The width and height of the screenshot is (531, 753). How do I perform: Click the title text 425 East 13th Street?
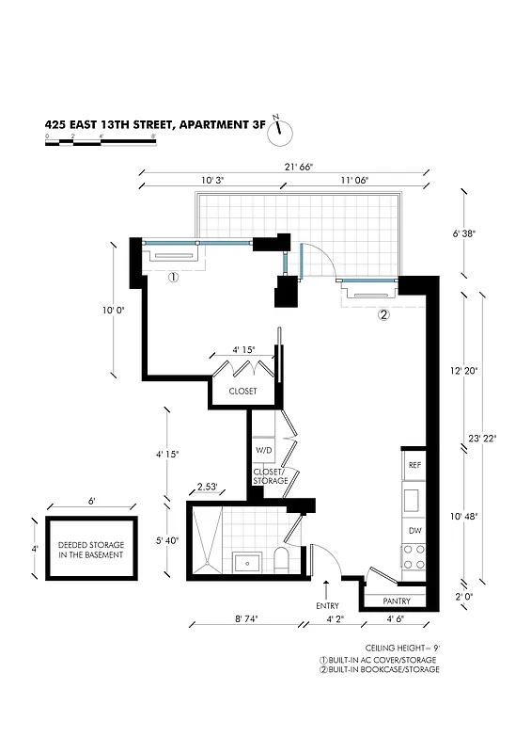(x=155, y=123)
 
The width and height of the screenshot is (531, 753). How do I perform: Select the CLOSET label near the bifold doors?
(x=242, y=391)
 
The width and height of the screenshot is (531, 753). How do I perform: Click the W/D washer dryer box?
(x=263, y=451)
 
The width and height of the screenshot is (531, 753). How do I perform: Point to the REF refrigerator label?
(x=414, y=465)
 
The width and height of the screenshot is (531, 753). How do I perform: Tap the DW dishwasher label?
(x=414, y=531)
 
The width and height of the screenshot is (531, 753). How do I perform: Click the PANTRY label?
(x=396, y=600)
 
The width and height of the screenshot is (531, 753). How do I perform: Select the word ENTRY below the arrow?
(x=326, y=605)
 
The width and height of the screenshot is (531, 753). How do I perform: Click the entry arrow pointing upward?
(x=326, y=588)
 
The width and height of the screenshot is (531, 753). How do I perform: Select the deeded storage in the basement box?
(x=92, y=549)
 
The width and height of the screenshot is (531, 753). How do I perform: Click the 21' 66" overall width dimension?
(x=288, y=167)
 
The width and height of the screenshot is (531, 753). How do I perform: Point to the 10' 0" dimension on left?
(x=112, y=308)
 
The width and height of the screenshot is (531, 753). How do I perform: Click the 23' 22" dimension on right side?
(x=481, y=438)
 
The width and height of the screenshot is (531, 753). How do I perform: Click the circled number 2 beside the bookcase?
(x=383, y=315)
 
